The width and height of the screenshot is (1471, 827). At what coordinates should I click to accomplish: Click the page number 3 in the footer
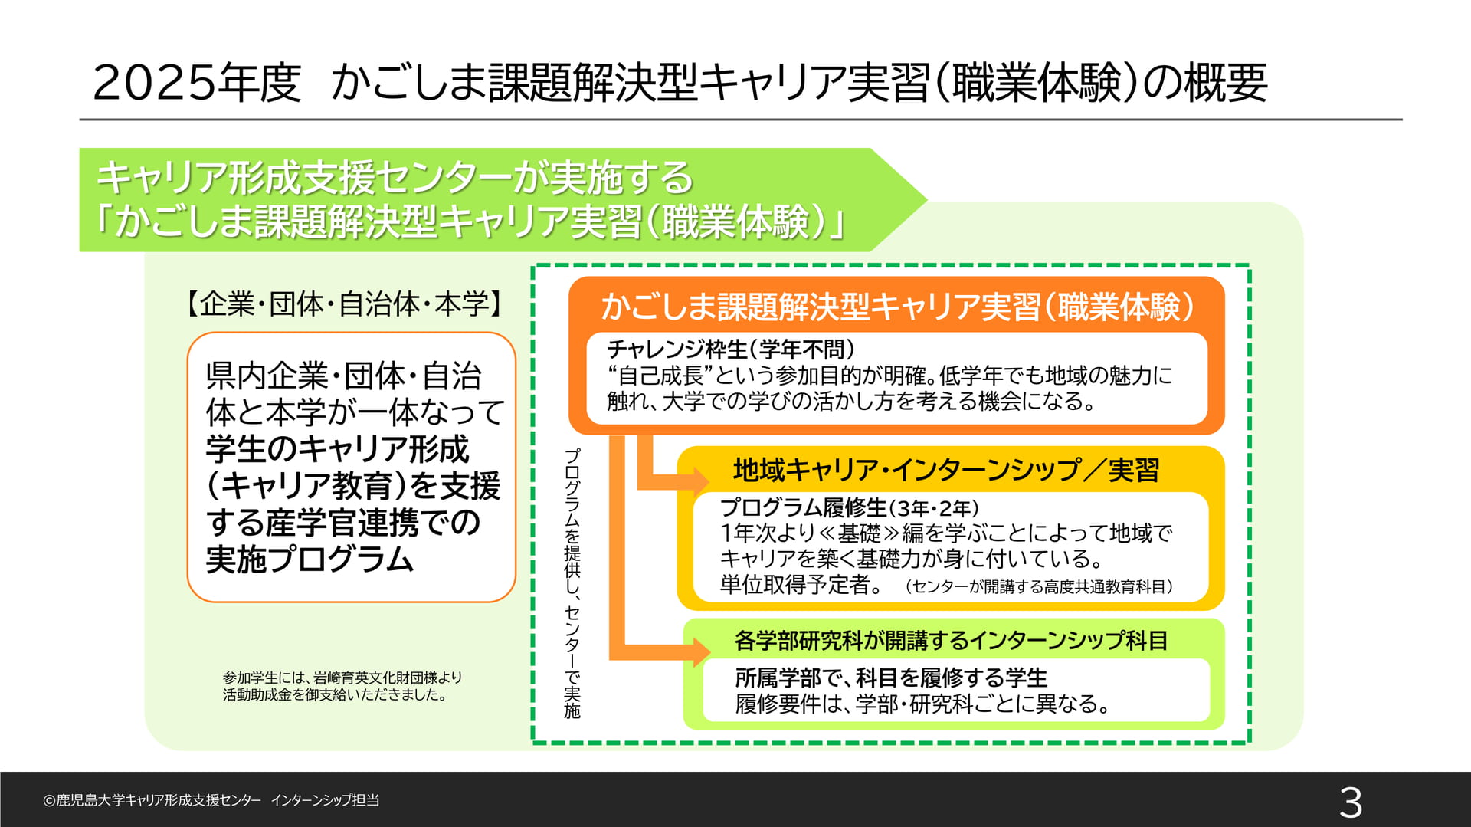pyautogui.click(x=1351, y=802)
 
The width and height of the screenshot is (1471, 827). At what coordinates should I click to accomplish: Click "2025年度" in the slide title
pyautogui.click(x=197, y=83)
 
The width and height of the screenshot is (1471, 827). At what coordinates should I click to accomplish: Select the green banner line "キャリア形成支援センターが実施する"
pyautogui.click(x=395, y=178)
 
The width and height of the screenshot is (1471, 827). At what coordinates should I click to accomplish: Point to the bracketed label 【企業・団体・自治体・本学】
pyautogui.click(x=345, y=304)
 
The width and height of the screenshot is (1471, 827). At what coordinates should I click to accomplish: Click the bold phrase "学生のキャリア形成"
pyautogui.click(x=337, y=449)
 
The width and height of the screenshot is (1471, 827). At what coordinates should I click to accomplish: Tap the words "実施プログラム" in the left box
pyautogui.click(x=310, y=560)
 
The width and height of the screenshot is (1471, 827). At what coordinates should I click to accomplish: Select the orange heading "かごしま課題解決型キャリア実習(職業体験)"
pyautogui.click(x=897, y=307)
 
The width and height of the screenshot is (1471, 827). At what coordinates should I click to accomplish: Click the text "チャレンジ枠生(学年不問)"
pyautogui.click(x=731, y=350)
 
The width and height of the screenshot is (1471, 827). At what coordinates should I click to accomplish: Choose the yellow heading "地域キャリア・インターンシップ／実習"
pyautogui.click(x=946, y=470)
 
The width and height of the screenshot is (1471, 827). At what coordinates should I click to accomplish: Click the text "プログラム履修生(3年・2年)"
pyautogui.click(x=850, y=507)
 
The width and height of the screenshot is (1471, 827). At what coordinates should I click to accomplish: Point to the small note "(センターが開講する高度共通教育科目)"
pyautogui.click(x=1038, y=586)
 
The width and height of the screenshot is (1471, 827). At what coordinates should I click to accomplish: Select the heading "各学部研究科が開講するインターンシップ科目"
pyautogui.click(x=951, y=640)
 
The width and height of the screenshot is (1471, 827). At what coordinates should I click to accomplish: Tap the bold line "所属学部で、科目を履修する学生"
pyautogui.click(x=891, y=678)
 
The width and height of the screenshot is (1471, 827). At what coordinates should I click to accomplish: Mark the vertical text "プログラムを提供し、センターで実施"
pyautogui.click(x=572, y=583)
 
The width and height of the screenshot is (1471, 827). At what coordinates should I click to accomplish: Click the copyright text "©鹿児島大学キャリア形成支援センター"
pyautogui.click(x=152, y=800)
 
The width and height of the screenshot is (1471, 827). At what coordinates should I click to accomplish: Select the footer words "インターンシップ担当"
pyautogui.click(x=325, y=800)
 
